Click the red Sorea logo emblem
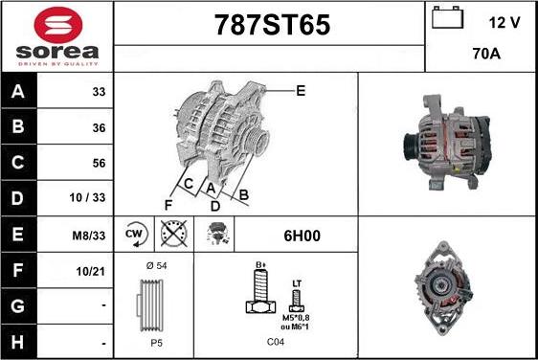(58, 25)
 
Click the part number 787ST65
(272, 25)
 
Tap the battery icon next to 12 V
(447, 17)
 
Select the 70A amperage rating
(486, 54)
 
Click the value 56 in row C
(99, 163)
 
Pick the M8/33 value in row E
(88, 236)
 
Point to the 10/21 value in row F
(90, 272)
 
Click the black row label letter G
(18, 305)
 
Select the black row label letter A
(18, 91)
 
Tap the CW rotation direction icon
(134, 235)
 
